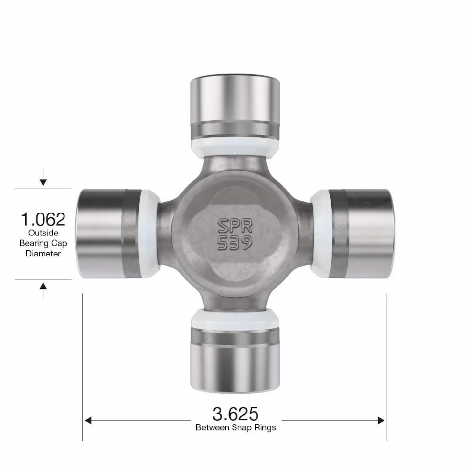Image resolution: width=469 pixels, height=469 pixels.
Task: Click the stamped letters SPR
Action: click(235, 226)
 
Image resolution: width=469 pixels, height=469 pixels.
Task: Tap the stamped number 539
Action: click(235, 243)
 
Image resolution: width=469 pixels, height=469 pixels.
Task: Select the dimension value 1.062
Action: click(43, 219)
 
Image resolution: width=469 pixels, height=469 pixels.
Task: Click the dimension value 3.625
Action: click(235, 414)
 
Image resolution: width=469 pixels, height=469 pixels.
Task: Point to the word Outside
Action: click(43, 233)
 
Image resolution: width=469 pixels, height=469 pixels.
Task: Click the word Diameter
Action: click(43, 254)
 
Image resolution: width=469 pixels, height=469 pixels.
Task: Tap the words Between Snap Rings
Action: click(235, 427)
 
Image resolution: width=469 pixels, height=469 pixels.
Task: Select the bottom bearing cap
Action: click(235, 360)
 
